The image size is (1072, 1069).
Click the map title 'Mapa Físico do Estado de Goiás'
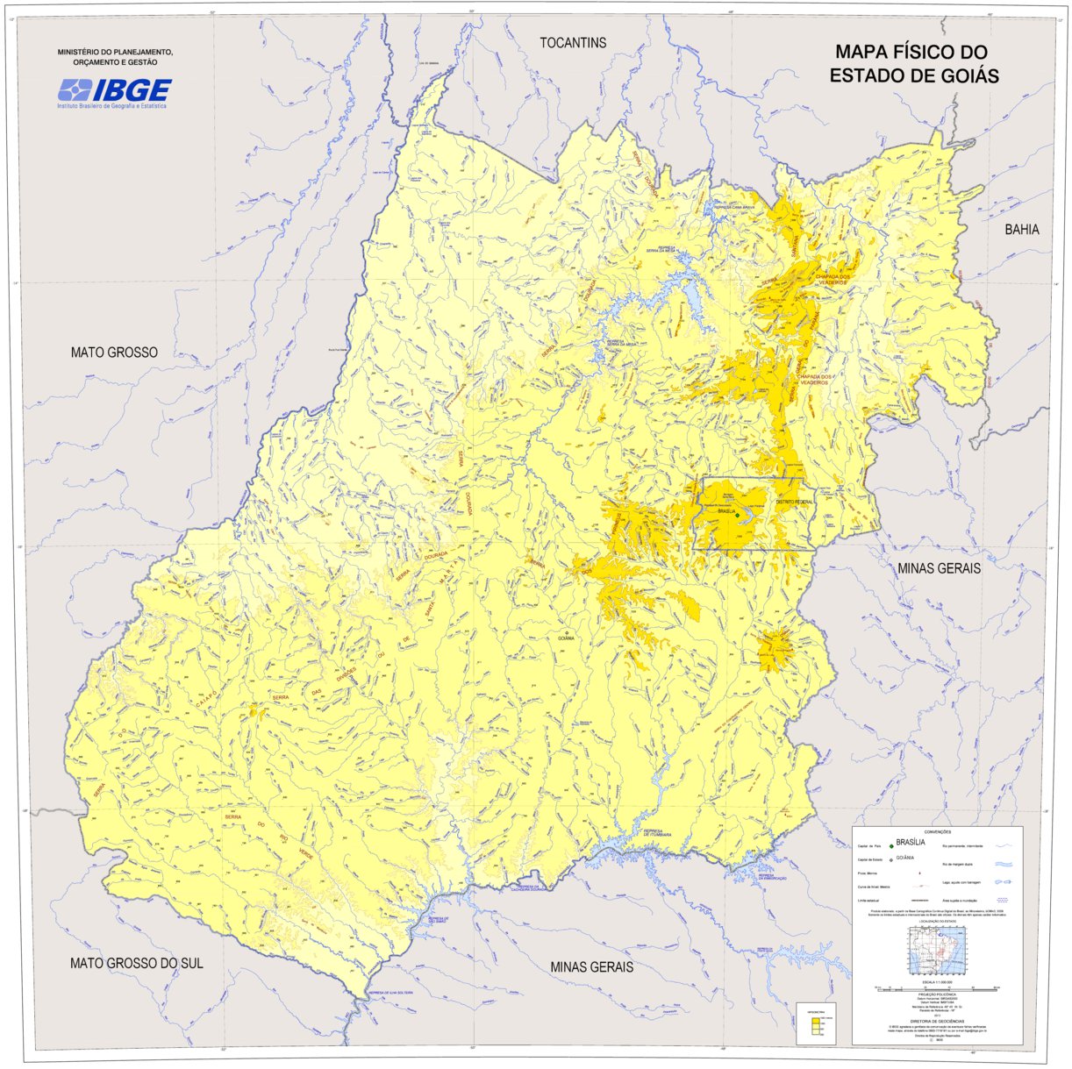914,64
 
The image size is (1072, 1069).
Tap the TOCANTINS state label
573,43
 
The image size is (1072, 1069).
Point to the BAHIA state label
1022,230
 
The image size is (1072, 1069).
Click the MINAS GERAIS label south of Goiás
591,966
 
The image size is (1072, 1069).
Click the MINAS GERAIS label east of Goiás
939,568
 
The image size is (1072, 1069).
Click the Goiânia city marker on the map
567,632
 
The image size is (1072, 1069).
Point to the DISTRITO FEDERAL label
795,502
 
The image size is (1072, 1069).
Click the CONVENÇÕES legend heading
938,831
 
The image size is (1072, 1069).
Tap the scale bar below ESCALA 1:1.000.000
937,987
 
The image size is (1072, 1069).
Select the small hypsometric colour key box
816,1023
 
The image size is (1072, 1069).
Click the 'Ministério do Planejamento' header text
115,57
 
